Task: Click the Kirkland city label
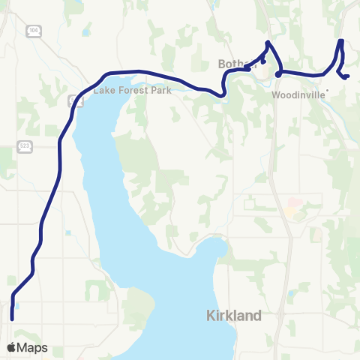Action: click(x=233, y=316)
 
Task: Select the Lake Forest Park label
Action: click(x=133, y=90)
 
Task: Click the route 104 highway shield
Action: click(x=33, y=30)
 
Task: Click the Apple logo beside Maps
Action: click(x=12, y=347)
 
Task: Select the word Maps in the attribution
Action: click(x=33, y=347)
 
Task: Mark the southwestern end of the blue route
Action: click(x=12, y=319)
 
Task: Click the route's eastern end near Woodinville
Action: click(x=348, y=76)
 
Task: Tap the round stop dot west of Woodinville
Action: click(x=278, y=73)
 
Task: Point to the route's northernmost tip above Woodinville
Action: click(x=341, y=40)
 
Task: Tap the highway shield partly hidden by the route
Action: click(x=71, y=100)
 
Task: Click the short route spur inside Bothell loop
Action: click(x=262, y=61)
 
